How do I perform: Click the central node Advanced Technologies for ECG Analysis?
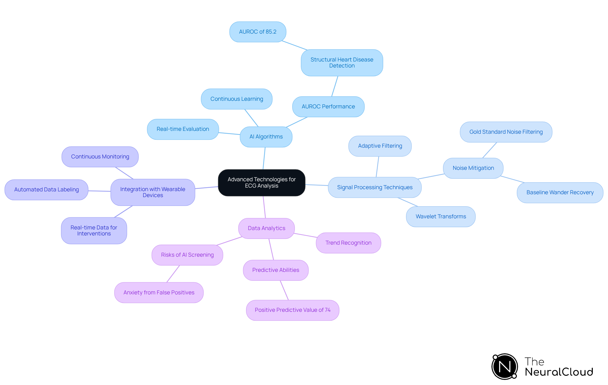point(262,183)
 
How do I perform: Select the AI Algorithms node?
point(266,137)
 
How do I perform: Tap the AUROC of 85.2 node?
point(257,32)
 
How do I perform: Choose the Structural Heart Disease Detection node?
point(342,62)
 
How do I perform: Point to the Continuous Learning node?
point(237,99)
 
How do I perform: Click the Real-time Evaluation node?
point(183,129)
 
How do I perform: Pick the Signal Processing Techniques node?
point(375,187)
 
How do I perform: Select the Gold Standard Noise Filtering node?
point(506,132)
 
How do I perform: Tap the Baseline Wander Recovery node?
point(560,192)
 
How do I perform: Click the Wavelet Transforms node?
point(440,216)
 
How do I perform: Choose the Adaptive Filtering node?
point(380,146)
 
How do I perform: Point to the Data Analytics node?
point(266,228)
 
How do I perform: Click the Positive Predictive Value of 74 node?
point(292,310)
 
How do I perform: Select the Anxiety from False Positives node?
point(159,292)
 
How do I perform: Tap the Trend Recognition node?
point(348,243)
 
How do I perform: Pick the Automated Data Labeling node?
point(46,189)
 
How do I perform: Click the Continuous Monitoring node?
point(100,157)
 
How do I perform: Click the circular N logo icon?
point(504,367)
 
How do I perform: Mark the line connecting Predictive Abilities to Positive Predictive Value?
point(284,290)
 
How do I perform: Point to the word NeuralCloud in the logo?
point(559,372)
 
